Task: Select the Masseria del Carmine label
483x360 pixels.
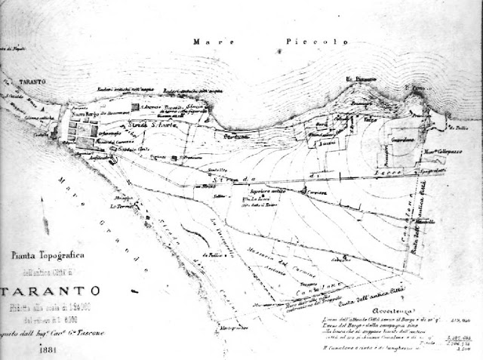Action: tap(280, 260)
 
